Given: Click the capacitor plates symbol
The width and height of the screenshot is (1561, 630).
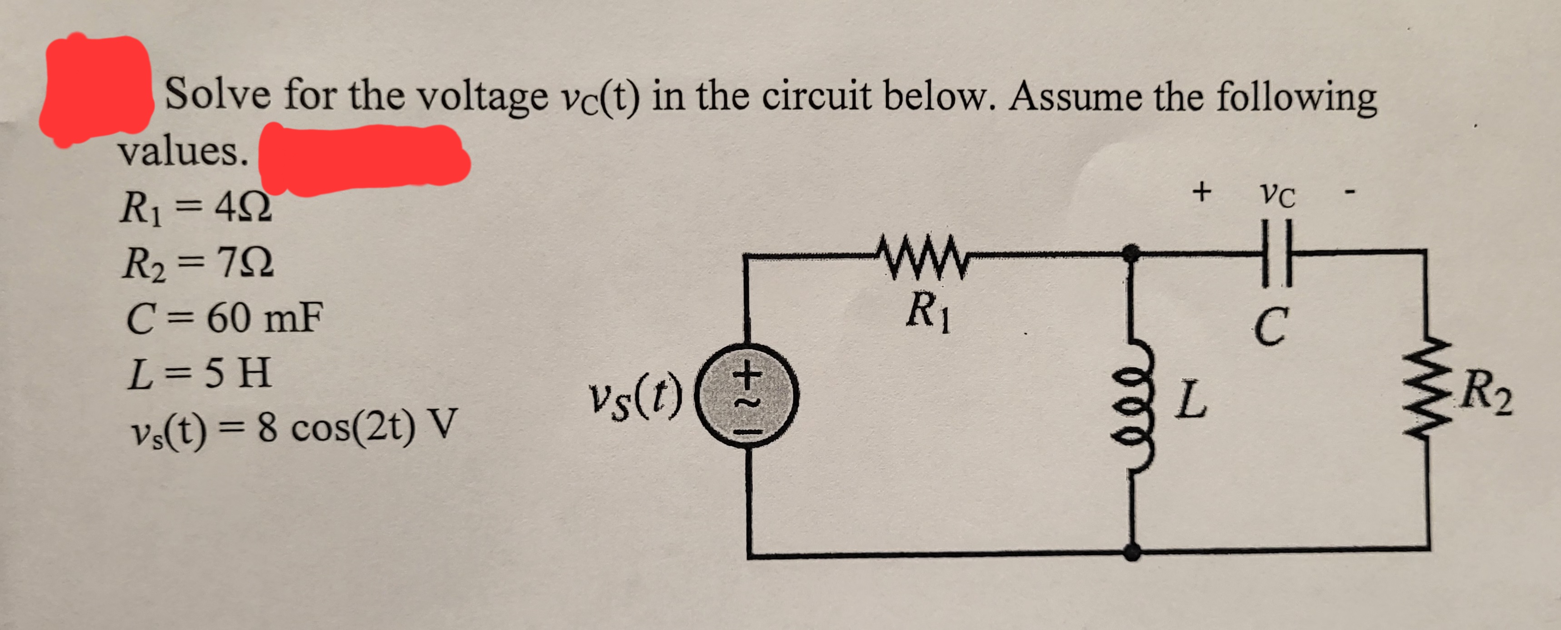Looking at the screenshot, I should point(1277,252).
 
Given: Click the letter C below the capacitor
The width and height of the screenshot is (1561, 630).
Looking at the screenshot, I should point(1270,327).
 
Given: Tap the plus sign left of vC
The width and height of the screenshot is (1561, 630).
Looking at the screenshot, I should point(1201,192).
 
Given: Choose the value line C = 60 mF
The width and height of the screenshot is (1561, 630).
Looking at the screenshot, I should point(224,316).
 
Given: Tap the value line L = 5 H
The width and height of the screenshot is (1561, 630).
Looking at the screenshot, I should point(200,372).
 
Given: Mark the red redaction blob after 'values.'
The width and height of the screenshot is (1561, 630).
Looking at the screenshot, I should point(364,159).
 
